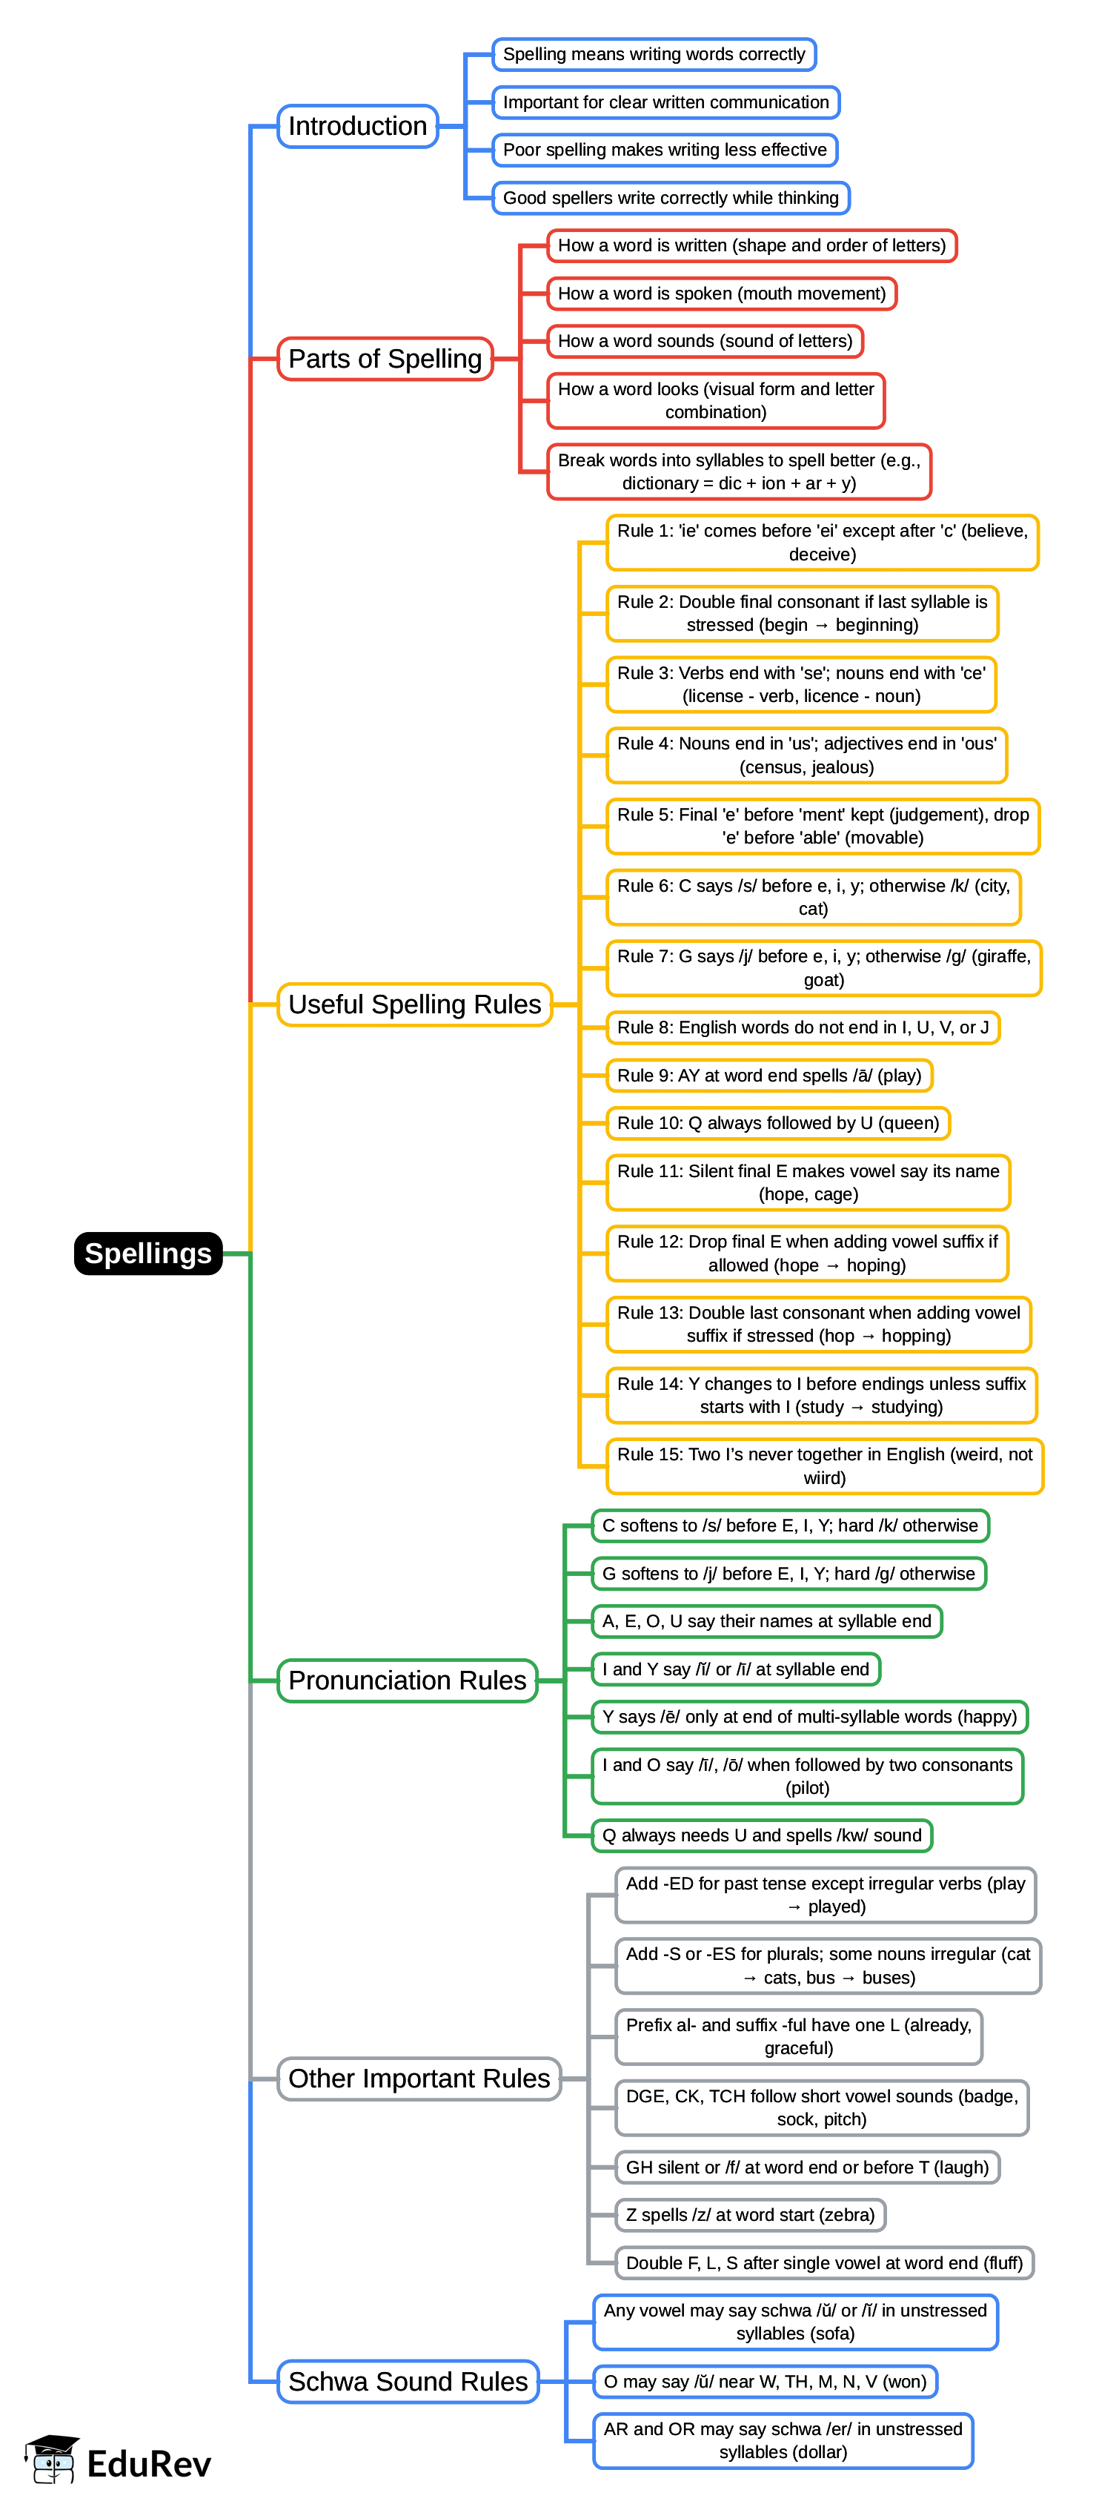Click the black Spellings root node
click(x=148, y=1253)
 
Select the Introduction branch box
click(x=357, y=127)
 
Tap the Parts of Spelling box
click(x=385, y=359)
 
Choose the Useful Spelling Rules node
click(x=414, y=1004)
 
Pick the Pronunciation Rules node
click(x=407, y=1680)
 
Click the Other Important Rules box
click(x=419, y=2079)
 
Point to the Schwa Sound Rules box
click(x=408, y=2382)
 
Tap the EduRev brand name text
click(x=149, y=2463)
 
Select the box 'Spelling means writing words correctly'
click(x=654, y=55)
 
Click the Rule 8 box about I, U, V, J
click(x=803, y=1027)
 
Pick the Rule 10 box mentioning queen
click(x=777, y=1123)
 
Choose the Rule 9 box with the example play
click(x=768, y=1076)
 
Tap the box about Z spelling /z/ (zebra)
click(x=750, y=2215)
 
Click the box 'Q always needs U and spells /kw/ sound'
click(x=762, y=1835)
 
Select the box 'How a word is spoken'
click(x=721, y=294)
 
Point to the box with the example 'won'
click(x=765, y=2382)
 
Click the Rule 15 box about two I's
click(x=824, y=1466)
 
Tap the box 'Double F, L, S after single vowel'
click(x=824, y=2262)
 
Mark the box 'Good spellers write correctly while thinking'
click(x=671, y=199)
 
